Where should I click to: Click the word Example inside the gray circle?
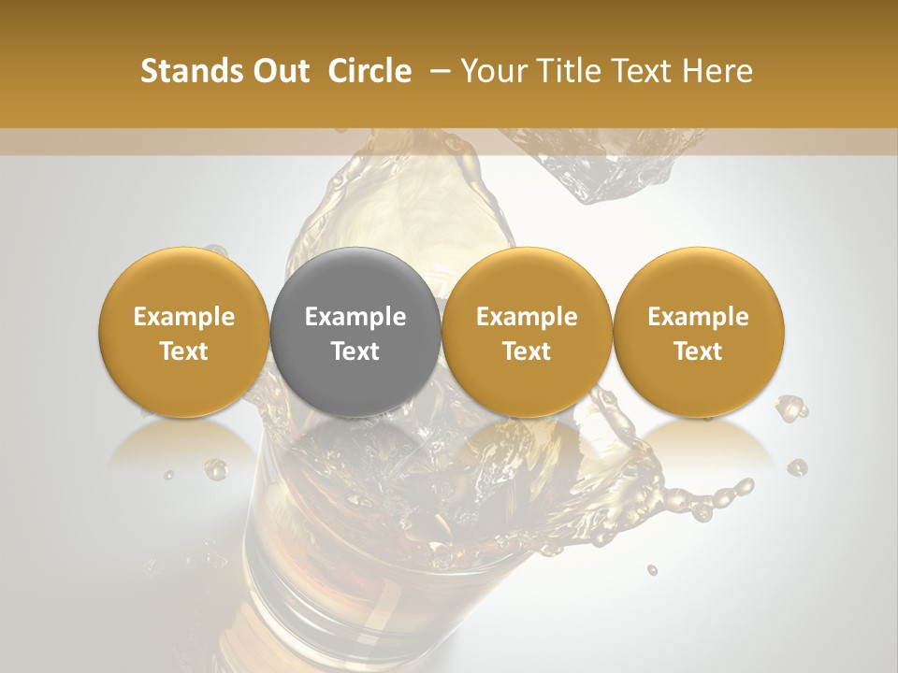click(355, 317)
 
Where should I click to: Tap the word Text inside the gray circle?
click(355, 351)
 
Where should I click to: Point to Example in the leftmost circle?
click(183, 317)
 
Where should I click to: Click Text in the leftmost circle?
click(183, 351)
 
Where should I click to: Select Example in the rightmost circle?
click(698, 317)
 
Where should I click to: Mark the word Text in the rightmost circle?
click(698, 351)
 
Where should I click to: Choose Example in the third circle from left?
click(527, 317)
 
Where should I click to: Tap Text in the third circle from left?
click(527, 351)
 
